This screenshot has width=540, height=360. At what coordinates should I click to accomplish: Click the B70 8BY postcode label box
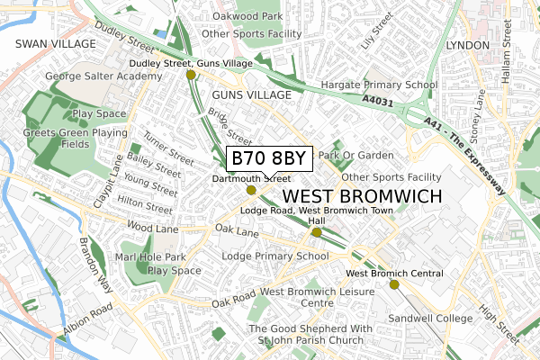pos(268,158)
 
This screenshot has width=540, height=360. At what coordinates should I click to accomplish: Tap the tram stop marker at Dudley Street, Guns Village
pos(191,76)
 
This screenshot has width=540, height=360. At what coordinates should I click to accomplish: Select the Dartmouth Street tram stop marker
pos(251,190)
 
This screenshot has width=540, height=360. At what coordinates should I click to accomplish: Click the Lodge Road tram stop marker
pos(316,232)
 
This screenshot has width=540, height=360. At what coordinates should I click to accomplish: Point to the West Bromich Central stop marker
pos(394,284)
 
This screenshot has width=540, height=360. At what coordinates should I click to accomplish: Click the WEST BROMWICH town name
pos(362,196)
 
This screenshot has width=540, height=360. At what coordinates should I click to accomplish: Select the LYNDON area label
pos(467,45)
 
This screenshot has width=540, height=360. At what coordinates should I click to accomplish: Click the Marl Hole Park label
pos(157,256)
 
